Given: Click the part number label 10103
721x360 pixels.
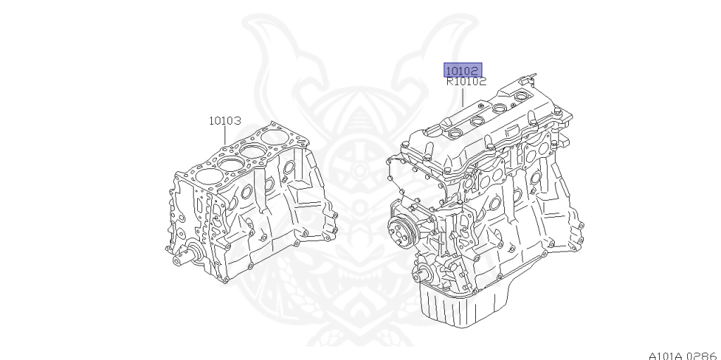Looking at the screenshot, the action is [x=225, y=120].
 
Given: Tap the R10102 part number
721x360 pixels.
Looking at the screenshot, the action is [x=466, y=82].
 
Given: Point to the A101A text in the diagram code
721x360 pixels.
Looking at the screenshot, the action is [x=667, y=356].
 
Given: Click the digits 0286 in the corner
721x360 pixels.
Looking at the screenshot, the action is [x=702, y=356].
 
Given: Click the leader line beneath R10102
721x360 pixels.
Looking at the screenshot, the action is [x=463, y=97].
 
